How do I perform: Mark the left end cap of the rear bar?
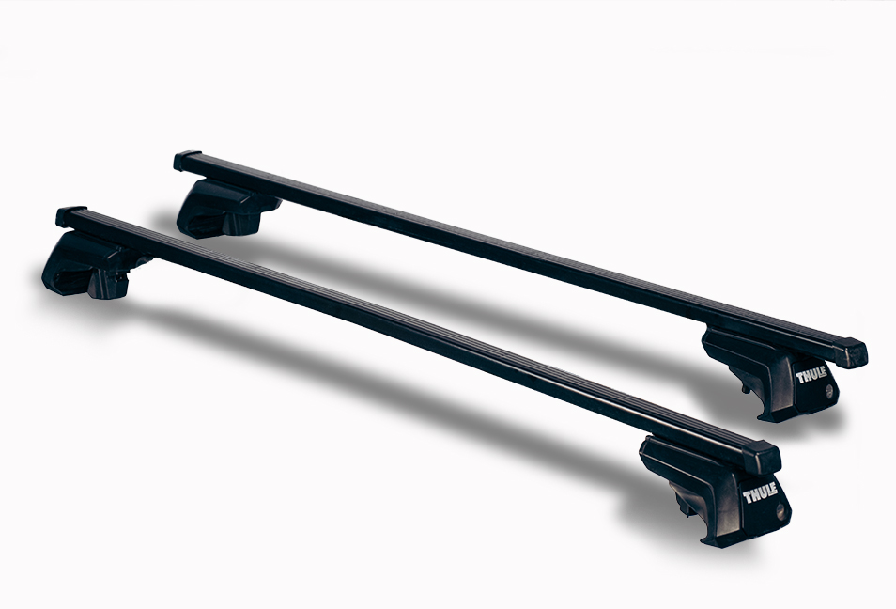(188, 161)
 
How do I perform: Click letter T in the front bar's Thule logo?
(748, 491)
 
